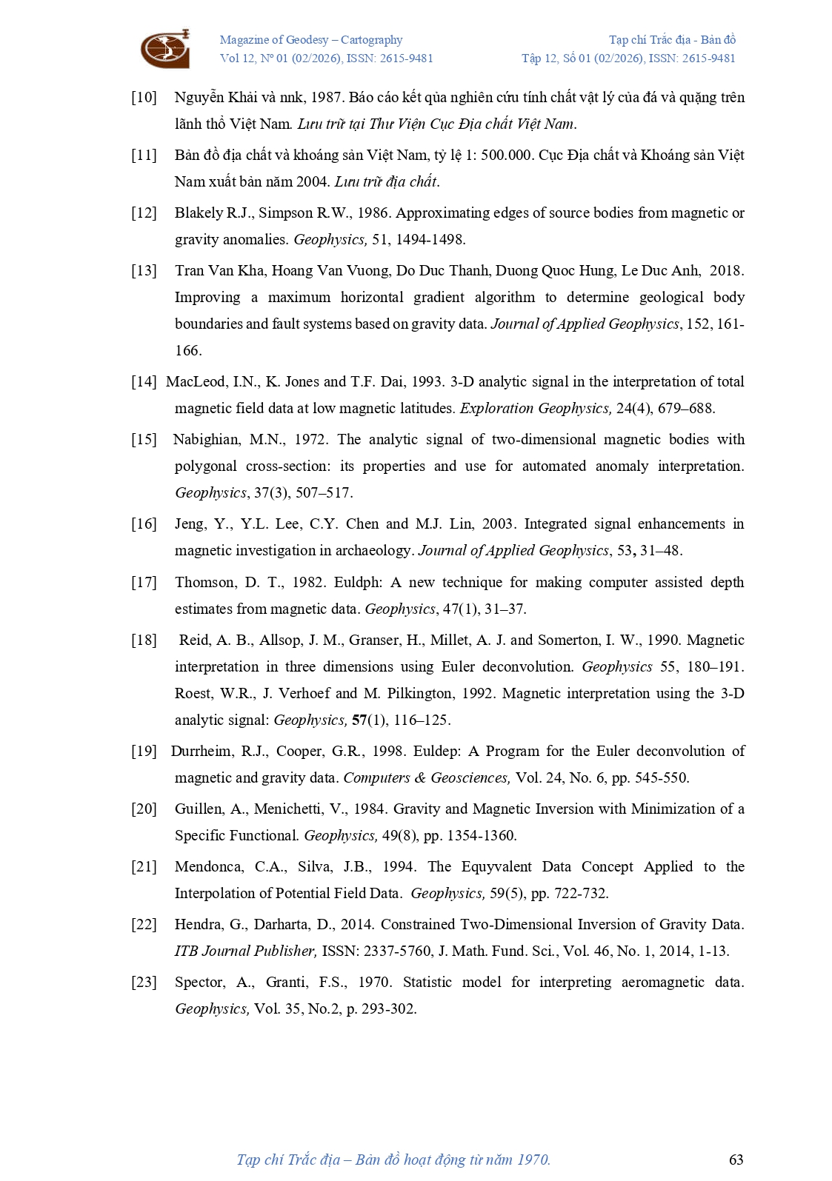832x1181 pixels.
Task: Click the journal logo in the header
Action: click(x=165, y=49)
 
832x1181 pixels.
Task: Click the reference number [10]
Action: click(x=144, y=97)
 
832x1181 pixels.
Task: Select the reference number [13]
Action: click(x=144, y=270)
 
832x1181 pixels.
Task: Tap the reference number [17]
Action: click(x=144, y=582)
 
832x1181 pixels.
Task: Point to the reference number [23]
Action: click(x=144, y=982)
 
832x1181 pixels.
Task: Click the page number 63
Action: click(x=736, y=1160)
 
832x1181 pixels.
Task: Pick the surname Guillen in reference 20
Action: click(x=199, y=809)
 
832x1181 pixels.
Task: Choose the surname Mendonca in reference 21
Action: click(x=207, y=866)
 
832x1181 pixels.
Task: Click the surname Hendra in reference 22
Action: click(x=198, y=924)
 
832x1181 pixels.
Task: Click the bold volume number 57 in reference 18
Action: click(x=359, y=720)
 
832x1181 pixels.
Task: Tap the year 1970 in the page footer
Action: click(x=533, y=1160)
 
